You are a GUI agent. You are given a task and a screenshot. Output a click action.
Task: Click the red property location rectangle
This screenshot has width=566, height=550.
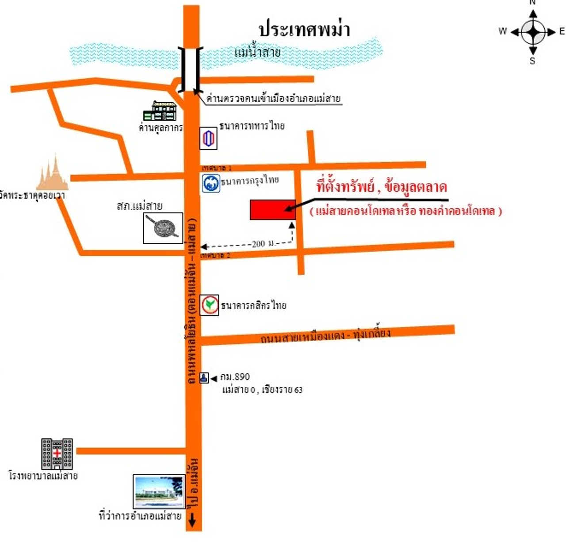click(x=272, y=210)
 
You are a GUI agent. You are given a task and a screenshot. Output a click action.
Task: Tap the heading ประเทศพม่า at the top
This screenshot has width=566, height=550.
click(x=304, y=29)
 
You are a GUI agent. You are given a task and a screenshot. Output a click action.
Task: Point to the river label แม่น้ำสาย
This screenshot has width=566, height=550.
click(x=257, y=52)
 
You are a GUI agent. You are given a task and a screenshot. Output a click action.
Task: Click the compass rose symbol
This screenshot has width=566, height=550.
click(x=533, y=32)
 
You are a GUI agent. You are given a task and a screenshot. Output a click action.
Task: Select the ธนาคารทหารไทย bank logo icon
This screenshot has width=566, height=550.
click(x=208, y=138)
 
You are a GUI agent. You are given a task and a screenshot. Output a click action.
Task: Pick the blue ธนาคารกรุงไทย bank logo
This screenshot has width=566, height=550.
click(x=211, y=183)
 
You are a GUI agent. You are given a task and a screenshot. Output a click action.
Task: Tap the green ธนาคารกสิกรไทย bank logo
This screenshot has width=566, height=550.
click(x=209, y=305)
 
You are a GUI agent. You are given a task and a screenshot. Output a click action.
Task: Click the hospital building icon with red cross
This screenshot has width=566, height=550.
click(x=57, y=454)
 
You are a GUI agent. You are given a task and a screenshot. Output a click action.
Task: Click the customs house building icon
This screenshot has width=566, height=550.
click(x=160, y=111)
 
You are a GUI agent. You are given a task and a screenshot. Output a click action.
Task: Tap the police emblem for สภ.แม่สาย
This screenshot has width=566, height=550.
click(x=163, y=228)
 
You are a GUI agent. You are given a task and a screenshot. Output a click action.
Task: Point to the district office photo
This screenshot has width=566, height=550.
click(x=159, y=492)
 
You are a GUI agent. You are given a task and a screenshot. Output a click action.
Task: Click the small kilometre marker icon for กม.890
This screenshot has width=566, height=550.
click(x=204, y=377)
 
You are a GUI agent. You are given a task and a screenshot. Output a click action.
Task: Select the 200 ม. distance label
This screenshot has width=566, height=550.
click(x=264, y=244)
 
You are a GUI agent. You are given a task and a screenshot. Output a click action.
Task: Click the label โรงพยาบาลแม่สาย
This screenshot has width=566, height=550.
click(x=43, y=476)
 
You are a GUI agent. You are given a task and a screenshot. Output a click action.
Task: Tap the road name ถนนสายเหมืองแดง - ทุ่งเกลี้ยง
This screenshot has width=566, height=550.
click(x=325, y=335)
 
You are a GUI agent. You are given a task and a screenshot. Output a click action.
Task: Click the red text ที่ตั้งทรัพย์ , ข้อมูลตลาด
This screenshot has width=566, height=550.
click(x=381, y=187)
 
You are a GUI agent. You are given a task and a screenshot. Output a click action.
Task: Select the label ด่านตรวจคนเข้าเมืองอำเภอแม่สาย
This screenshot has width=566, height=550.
click(x=273, y=99)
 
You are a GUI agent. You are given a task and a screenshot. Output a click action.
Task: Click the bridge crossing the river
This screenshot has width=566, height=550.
click(x=191, y=69)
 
